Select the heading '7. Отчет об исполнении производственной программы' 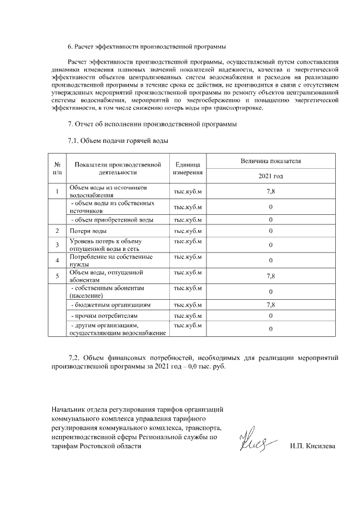151,123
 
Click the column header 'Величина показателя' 271,161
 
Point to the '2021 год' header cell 271,176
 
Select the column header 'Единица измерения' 188,168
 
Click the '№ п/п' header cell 57,168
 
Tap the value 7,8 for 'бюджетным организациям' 271,305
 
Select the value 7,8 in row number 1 271,191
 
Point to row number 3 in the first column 57,245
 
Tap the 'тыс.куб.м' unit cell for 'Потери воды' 188,231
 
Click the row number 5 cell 57,276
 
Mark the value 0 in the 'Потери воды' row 271,231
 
